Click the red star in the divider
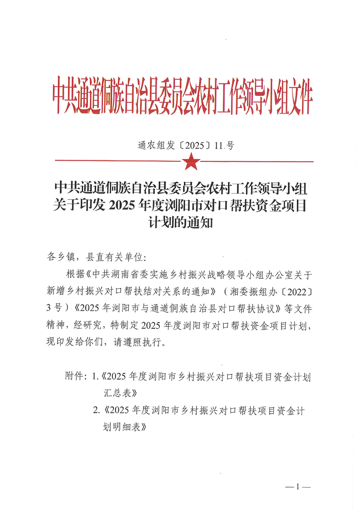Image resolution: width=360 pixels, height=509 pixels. [x=191, y=161]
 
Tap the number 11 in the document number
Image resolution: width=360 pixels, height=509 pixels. [x=219, y=146]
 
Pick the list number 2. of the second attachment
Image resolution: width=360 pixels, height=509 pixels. [x=96, y=410]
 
